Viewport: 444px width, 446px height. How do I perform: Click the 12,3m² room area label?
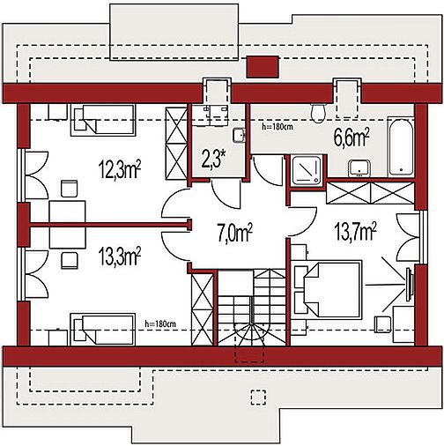pos(119,169)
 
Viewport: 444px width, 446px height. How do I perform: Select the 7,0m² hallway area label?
pos(234,233)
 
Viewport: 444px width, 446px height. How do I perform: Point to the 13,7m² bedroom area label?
pos(355,230)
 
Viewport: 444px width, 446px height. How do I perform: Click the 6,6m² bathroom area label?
pos(351,138)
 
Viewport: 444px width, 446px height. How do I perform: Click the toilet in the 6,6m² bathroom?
pos(318,113)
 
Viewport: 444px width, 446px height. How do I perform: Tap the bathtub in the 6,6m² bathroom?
pos(401,147)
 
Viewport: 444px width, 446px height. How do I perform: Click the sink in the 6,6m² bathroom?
pos(359,168)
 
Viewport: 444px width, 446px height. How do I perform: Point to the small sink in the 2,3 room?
pos(239,136)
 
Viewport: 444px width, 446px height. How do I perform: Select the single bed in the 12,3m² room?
pos(103,120)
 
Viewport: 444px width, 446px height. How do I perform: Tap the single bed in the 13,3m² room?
pos(103,329)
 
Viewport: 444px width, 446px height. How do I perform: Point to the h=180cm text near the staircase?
pos(160,324)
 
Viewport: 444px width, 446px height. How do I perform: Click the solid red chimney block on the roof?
pos(263,67)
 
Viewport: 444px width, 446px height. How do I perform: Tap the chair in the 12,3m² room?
pos(70,189)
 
